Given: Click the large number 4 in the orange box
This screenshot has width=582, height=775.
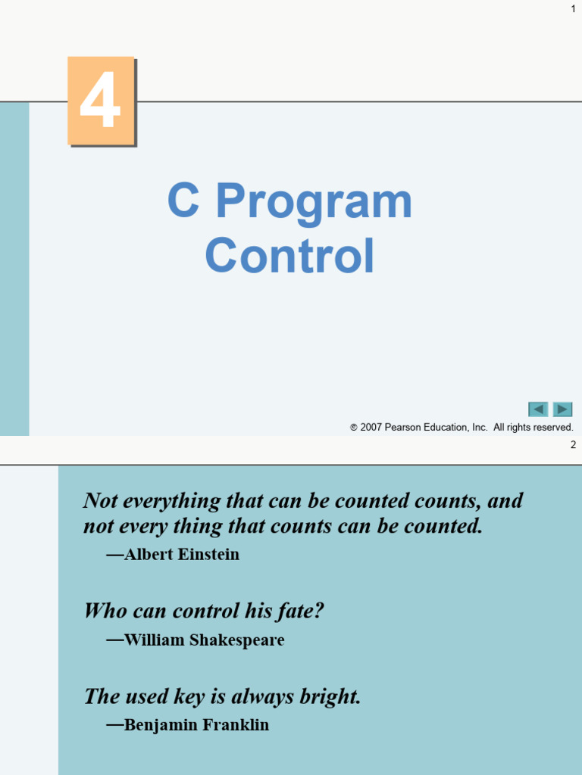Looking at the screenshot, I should coord(101,101).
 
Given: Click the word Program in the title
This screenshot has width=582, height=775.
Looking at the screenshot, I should coord(314,202).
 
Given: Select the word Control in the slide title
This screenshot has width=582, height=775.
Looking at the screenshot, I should coord(289,256).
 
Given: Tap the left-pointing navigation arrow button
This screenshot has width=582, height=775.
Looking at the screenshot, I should coord(538,409).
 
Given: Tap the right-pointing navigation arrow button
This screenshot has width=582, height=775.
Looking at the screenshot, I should coord(562,409).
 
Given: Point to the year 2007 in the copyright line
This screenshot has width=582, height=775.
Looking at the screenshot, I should coord(371,428).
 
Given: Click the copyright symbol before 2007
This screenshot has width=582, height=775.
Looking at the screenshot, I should coord(354,428).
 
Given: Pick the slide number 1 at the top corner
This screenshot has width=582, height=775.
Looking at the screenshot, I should coord(573,8).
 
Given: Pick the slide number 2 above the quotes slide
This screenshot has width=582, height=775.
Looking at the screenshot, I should coord(573,445).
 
